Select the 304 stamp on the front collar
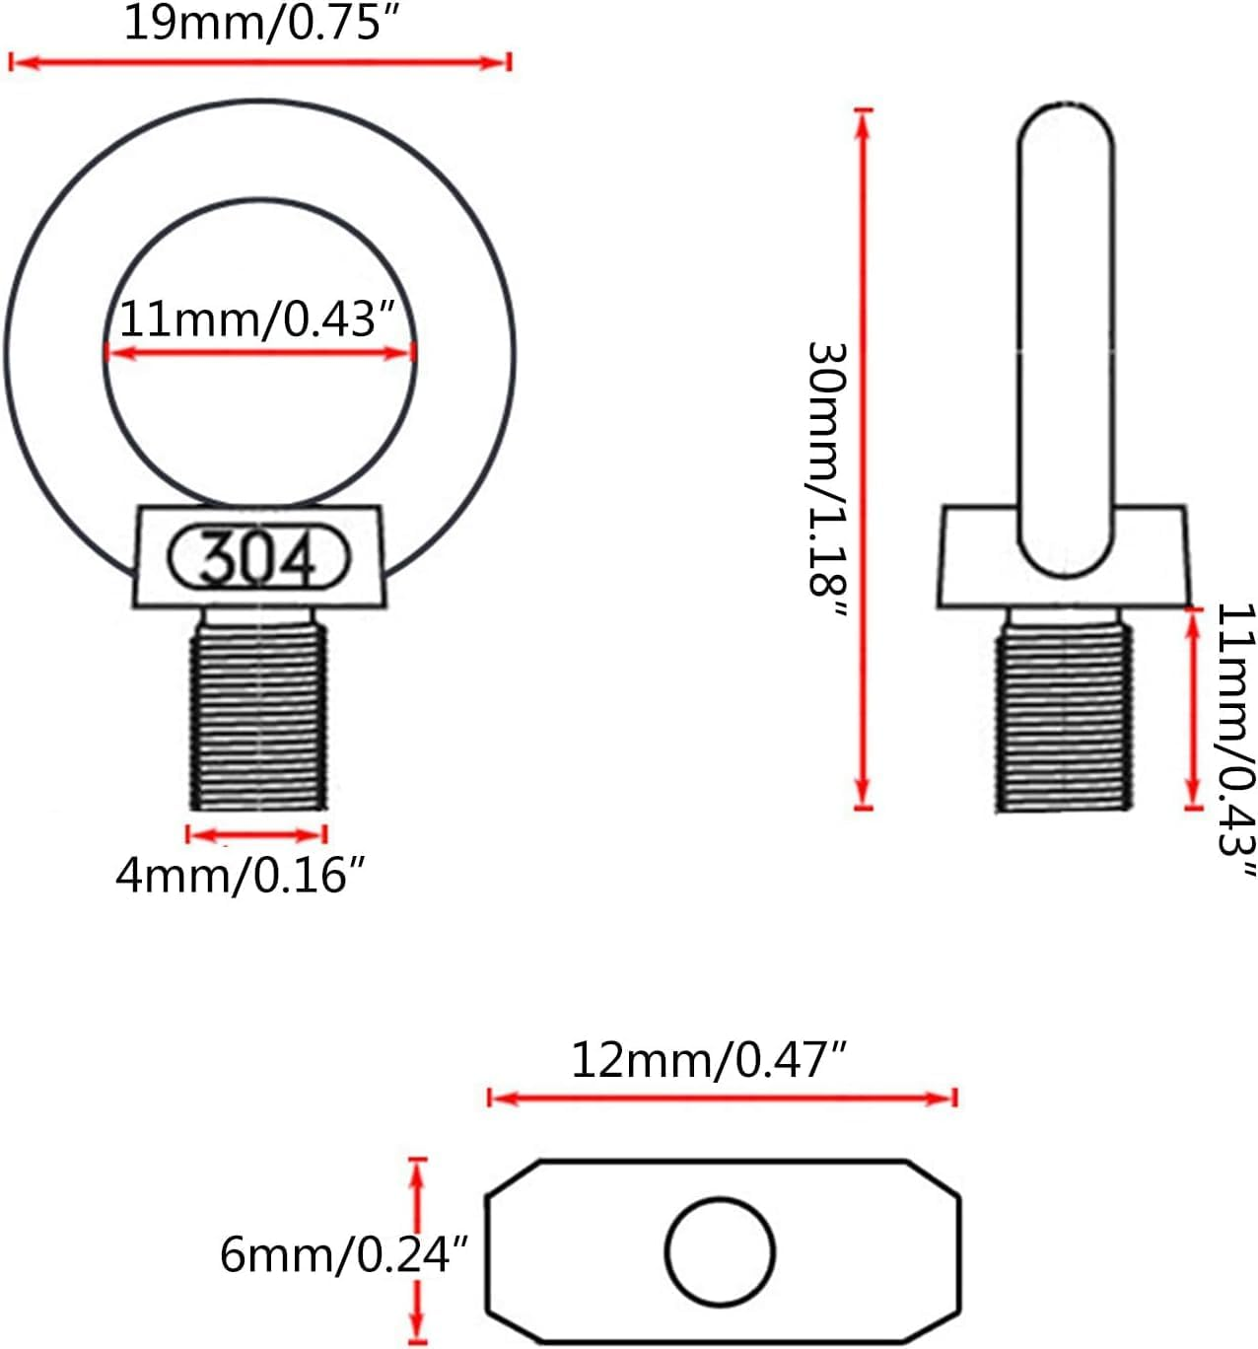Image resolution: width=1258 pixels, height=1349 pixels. (x=259, y=558)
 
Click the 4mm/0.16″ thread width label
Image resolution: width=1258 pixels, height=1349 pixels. (x=241, y=875)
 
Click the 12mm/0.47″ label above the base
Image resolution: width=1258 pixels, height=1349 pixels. (x=709, y=1060)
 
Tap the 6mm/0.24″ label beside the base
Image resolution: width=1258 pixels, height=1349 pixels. (x=341, y=1254)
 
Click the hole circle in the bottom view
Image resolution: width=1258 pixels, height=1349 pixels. (x=720, y=1251)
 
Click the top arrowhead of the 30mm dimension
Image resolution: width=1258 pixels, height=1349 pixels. (x=864, y=119)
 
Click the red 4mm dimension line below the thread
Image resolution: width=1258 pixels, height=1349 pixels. (x=256, y=835)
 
